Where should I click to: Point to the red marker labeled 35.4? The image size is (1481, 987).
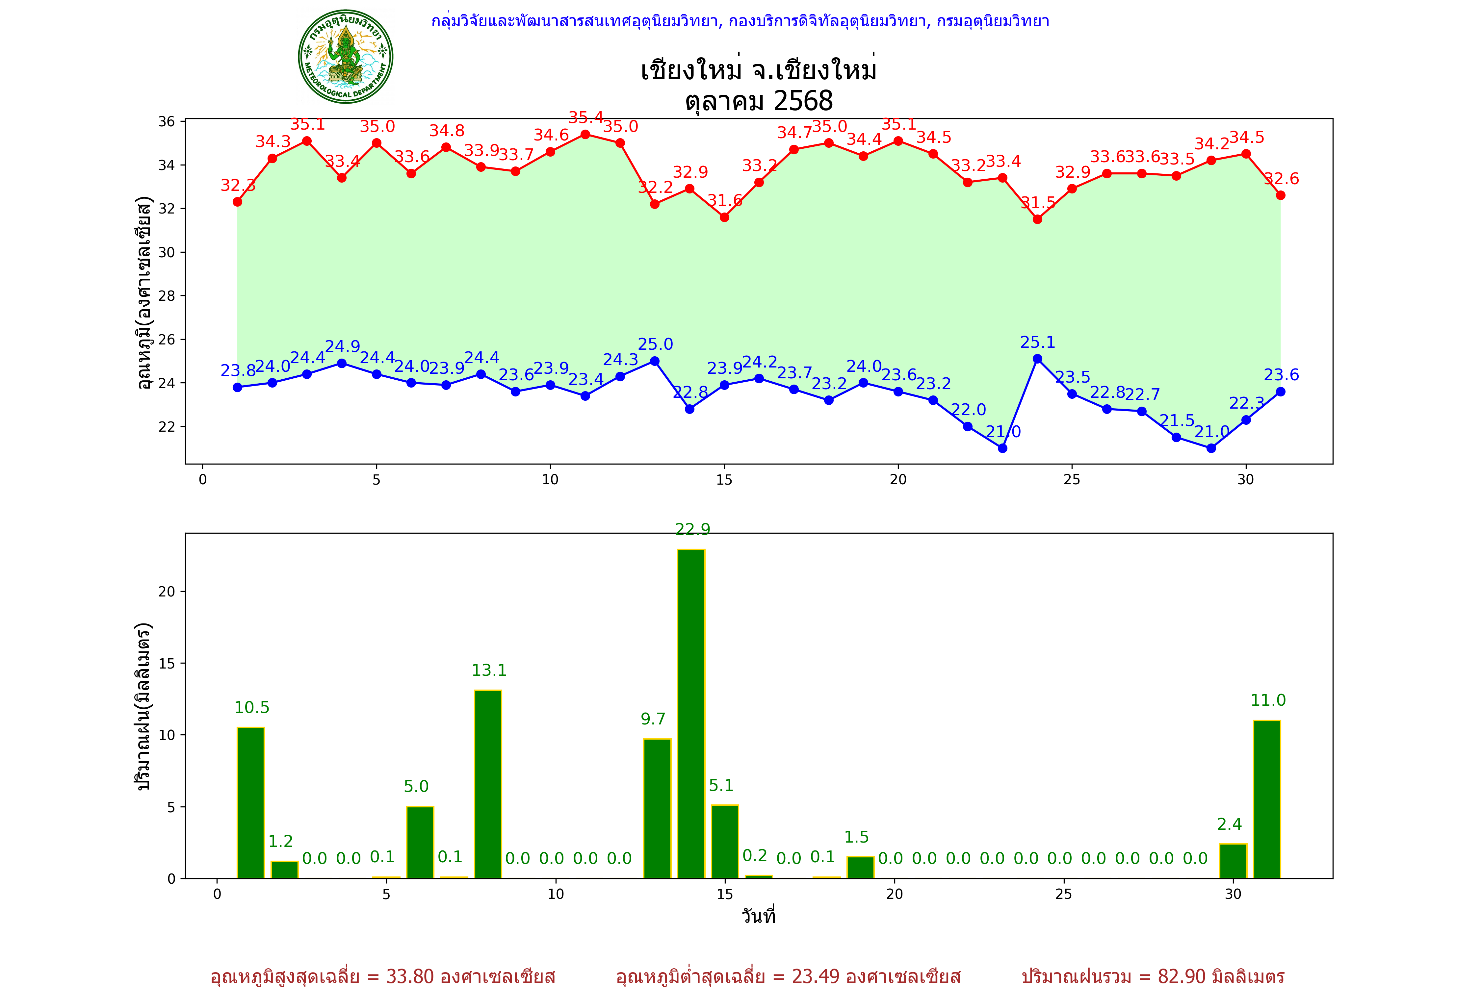[585, 134]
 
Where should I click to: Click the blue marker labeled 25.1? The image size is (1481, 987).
[1037, 359]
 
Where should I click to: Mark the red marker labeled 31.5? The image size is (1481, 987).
[1037, 219]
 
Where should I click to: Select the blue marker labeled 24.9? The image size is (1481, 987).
[342, 363]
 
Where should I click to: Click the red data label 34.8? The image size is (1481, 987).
[447, 131]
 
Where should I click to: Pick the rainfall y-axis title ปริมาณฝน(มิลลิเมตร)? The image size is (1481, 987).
[143, 706]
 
